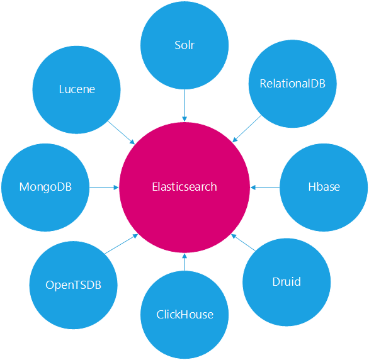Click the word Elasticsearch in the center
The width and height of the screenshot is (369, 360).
(x=184, y=187)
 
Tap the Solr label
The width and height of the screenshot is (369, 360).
(x=184, y=45)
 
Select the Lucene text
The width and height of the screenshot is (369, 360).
(x=77, y=89)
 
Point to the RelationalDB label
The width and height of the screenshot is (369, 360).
(x=293, y=84)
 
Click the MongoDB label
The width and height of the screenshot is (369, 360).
(x=45, y=187)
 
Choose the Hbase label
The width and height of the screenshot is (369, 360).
(x=324, y=187)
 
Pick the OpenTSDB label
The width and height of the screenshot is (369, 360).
(x=73, y=285)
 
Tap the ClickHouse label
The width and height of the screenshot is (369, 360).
(x=184, y=315)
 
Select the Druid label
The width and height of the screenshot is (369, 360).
(x=287, y=282)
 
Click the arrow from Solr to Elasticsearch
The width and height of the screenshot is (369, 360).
(x=184, y=105)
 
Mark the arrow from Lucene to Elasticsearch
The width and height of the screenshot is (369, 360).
(x=121, y=133)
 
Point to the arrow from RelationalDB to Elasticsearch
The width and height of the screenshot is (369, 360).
(x=247, y=128)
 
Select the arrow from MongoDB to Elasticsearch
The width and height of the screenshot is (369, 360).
(x=104, y=188)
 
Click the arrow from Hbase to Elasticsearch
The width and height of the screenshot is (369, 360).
(x=265, y=188)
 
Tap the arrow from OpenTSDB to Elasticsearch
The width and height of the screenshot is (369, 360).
(x=121, y=244)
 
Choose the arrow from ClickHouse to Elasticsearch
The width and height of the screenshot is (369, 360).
(x=184, y=262)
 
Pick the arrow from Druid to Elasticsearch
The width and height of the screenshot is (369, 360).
(x=243, y=242)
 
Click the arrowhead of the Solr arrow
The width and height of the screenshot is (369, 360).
(x=184, y=119)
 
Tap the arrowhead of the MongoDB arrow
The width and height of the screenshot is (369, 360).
(x=116, y=188)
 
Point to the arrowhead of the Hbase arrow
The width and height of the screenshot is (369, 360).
(x=253, y=188)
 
